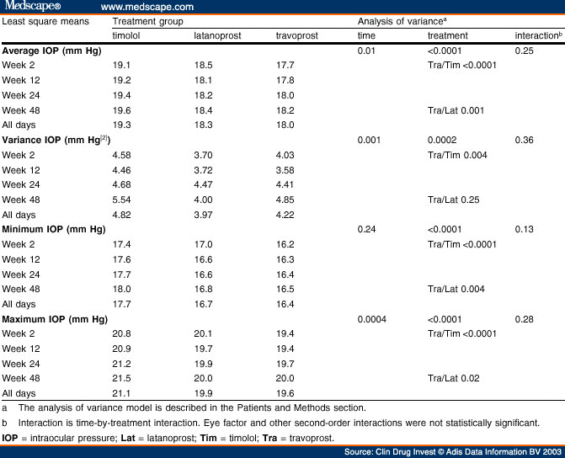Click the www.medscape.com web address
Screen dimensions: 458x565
coord(146,6)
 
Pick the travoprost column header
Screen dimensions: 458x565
coord(297,36)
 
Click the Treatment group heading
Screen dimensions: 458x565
coord(147,19)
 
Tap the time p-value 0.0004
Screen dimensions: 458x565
coord(373,319)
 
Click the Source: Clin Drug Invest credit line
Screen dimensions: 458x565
coord(452,450)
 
